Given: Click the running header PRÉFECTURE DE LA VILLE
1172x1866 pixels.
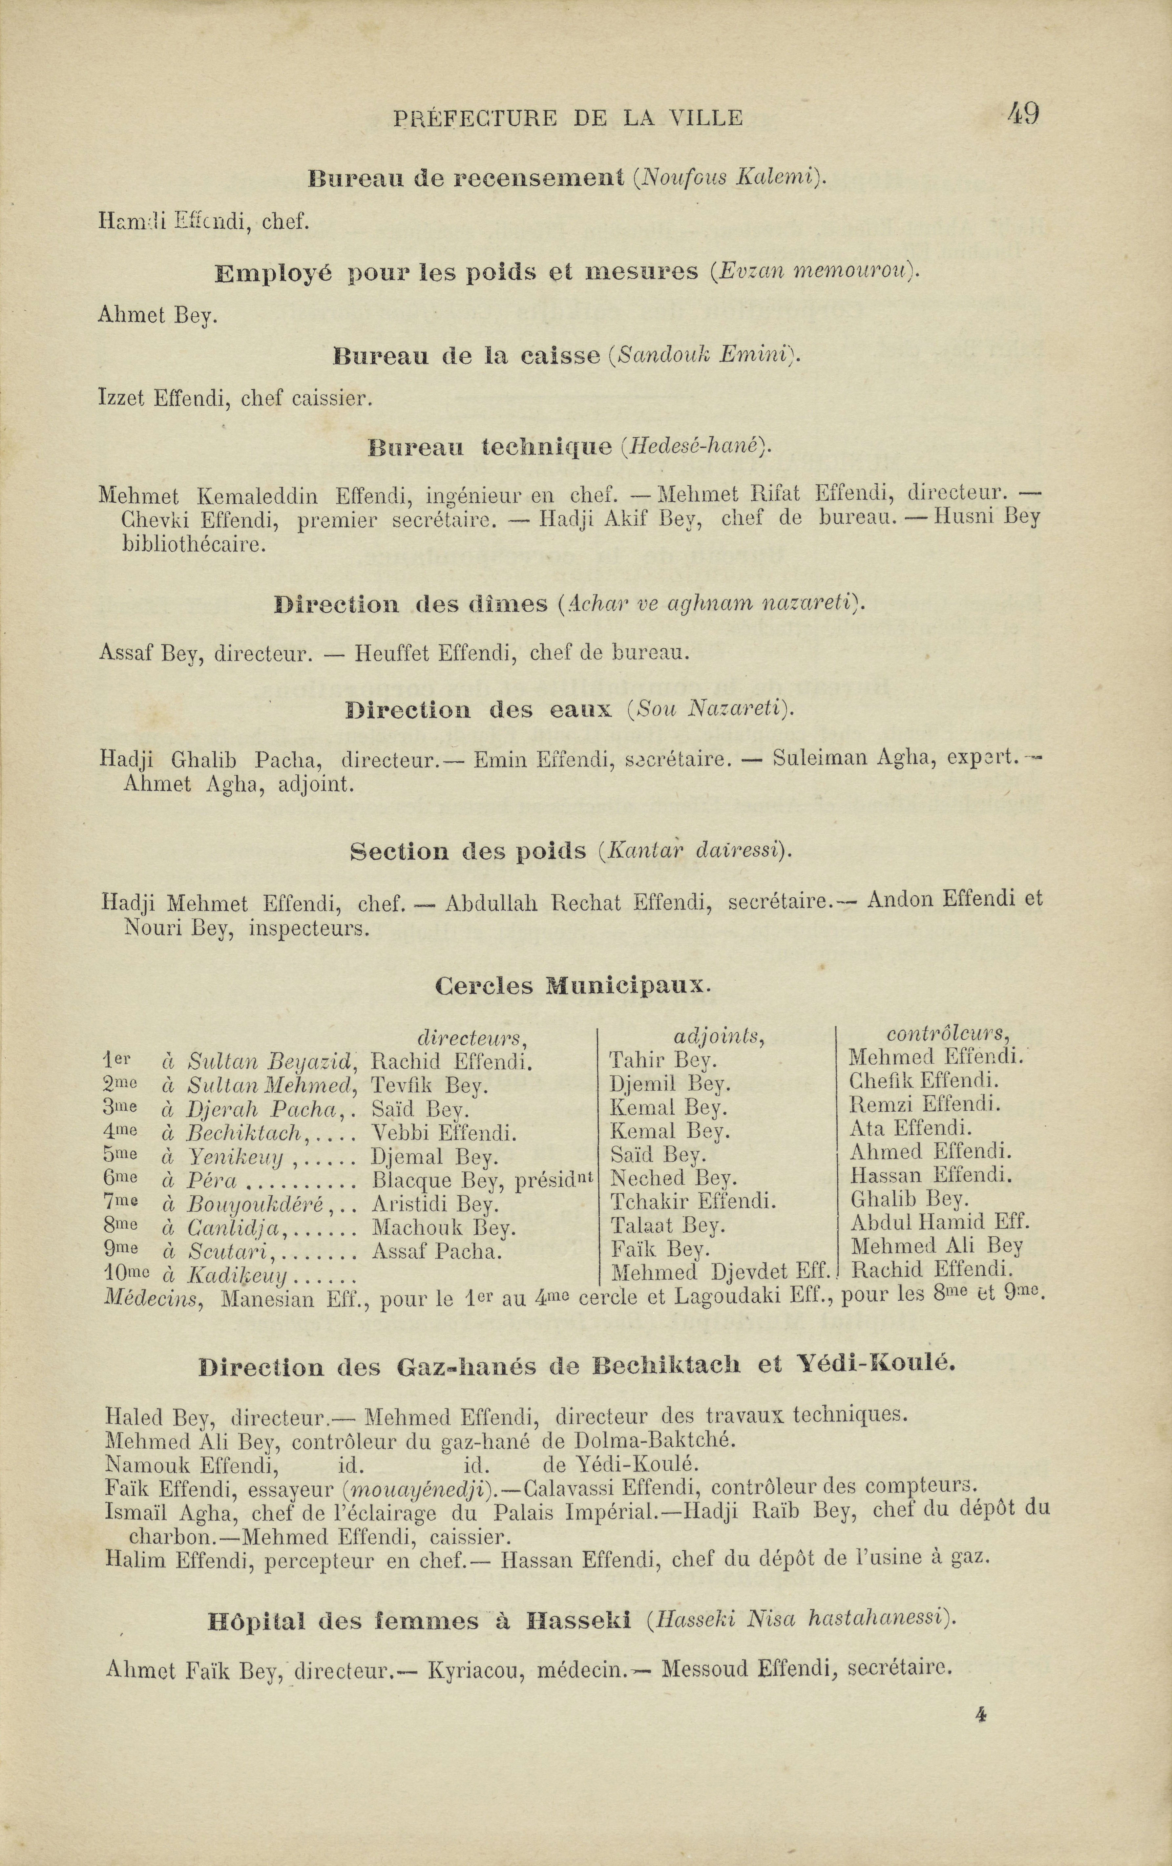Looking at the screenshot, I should tap(568, 118).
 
